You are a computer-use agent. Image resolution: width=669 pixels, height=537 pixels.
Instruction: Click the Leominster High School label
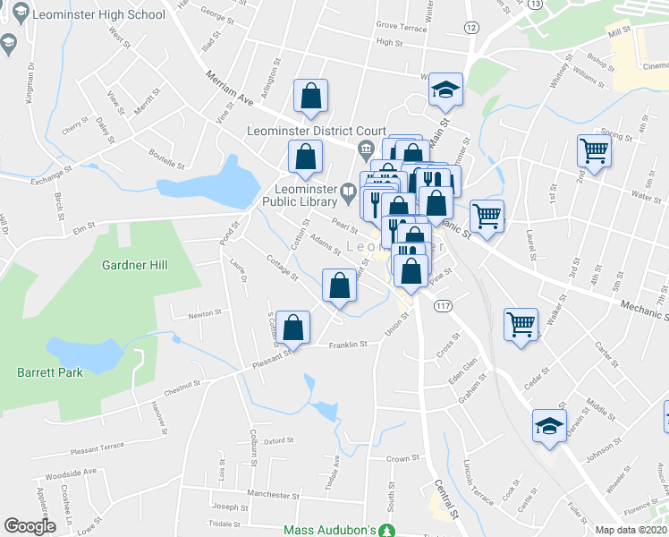click(97, 15)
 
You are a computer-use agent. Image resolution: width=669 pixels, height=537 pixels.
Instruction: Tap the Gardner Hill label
click(135, 265)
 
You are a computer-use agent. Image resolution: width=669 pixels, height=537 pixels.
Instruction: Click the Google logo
click(30, 526)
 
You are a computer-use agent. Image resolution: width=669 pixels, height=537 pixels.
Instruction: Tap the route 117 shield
click(442, 306)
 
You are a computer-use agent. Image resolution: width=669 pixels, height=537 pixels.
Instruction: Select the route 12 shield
click(470, 28)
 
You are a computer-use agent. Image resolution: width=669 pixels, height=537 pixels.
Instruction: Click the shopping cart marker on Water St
click(594, 152)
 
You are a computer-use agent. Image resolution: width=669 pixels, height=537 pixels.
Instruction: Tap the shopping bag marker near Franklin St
click(293, 329)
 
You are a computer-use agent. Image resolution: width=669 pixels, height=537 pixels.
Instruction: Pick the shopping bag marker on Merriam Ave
click(310, 98)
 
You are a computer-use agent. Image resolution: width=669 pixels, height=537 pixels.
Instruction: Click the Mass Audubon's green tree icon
click(386, 531)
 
